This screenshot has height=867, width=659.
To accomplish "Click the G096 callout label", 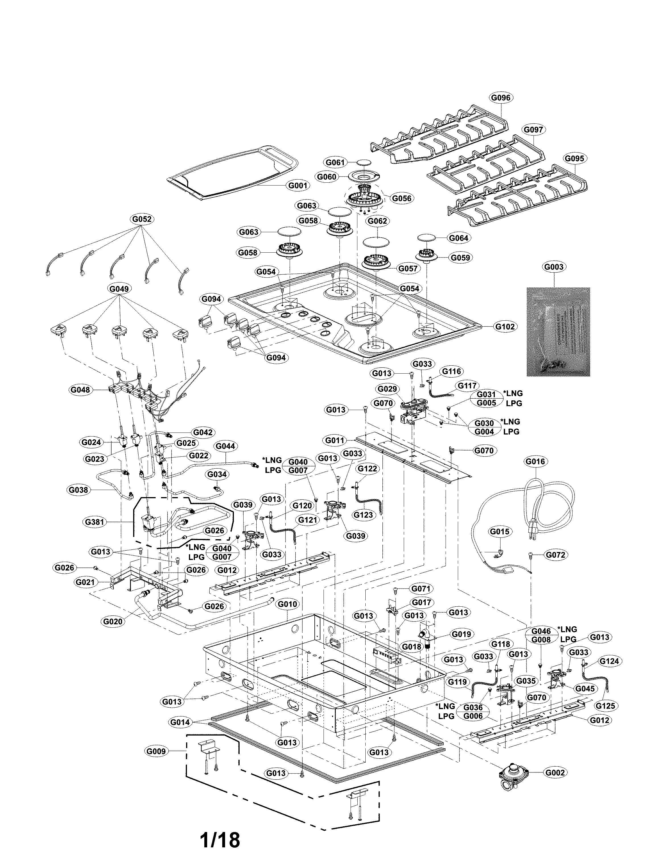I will [501, 97].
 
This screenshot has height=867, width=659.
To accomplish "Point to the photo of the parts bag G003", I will [558, 331].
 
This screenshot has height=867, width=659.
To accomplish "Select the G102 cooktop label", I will [505, 326].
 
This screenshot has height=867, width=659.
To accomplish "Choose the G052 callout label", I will [142, 219].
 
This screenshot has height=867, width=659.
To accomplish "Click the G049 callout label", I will [119, 289].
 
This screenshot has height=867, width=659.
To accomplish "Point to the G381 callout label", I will [94, 522].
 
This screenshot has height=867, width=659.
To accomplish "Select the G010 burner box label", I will [287, 604].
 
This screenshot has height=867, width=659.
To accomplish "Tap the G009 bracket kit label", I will [156, 751].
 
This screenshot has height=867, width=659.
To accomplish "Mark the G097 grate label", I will [534, 129].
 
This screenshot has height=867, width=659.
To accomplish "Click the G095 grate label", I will [574, 158].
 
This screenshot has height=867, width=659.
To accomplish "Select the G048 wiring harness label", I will [80, 390].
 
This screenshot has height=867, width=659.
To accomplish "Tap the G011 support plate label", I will [335, 440].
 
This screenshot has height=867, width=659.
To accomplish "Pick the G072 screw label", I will [556, 555].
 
